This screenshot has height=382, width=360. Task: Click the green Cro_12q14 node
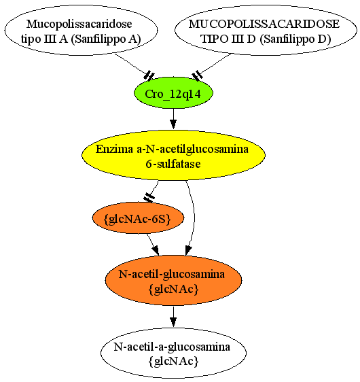point(173,93)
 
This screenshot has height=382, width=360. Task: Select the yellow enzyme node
point(173,155)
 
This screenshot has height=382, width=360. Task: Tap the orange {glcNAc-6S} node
point(138,218)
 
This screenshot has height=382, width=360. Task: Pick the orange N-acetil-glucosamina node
point(173,281)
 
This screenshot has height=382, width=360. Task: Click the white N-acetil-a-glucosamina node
point(173,353)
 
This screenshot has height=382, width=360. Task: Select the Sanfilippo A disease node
point(81,30)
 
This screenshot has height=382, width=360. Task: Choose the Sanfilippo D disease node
point(266,30)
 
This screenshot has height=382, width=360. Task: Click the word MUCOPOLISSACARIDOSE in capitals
point(264,24)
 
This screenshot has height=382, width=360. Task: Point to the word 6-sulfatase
point(173,163)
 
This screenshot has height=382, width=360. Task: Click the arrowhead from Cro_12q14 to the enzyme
point(173,124)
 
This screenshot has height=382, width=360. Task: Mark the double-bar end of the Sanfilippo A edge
point(149,75)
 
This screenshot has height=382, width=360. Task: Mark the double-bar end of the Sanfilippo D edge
point(198,75)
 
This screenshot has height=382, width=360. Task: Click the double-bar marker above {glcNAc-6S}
point(149,197)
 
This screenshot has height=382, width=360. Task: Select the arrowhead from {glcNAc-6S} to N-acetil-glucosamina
point(156,250)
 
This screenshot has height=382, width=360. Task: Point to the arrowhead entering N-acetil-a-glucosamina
point(173,322)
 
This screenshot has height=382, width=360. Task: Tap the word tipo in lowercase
point(29,39)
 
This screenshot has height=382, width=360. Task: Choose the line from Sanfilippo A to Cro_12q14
point(132,65)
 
